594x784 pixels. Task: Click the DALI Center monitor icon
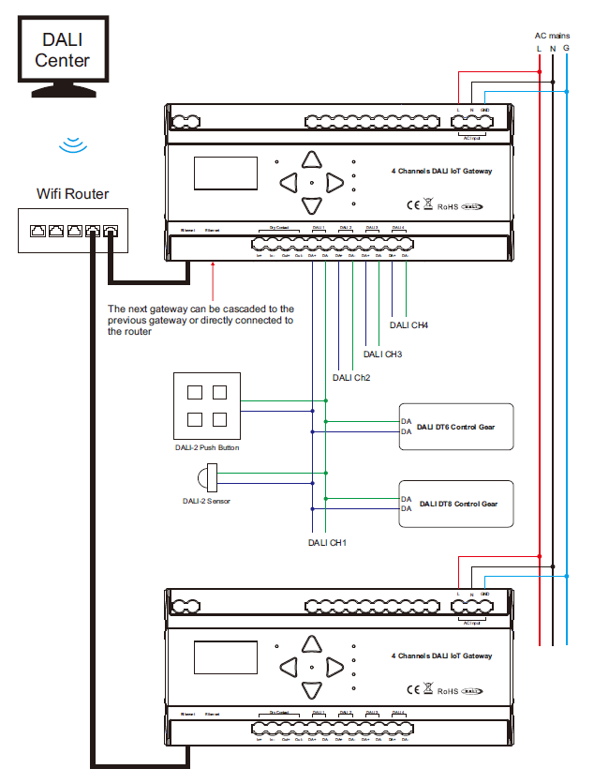(x=64, y=58)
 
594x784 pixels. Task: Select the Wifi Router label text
(x=72, y=194)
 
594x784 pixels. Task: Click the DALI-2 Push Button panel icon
(x=207, y=406)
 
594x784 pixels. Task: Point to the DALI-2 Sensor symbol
(x=208, y=476)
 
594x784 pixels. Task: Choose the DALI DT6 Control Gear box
(x=456, y=427)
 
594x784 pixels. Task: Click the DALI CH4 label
(x=408, y=326)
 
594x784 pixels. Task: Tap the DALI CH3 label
(x=382, y=354)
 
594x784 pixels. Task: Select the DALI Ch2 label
(x=351, y=378)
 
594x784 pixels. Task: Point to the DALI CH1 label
(x=328, y=542)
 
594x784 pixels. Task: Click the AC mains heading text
(x=552, y=35)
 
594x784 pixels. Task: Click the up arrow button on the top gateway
(x=312, y=160)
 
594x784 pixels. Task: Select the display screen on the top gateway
(x=225, y=174)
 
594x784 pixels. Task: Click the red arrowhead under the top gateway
(x=214, y=266)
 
